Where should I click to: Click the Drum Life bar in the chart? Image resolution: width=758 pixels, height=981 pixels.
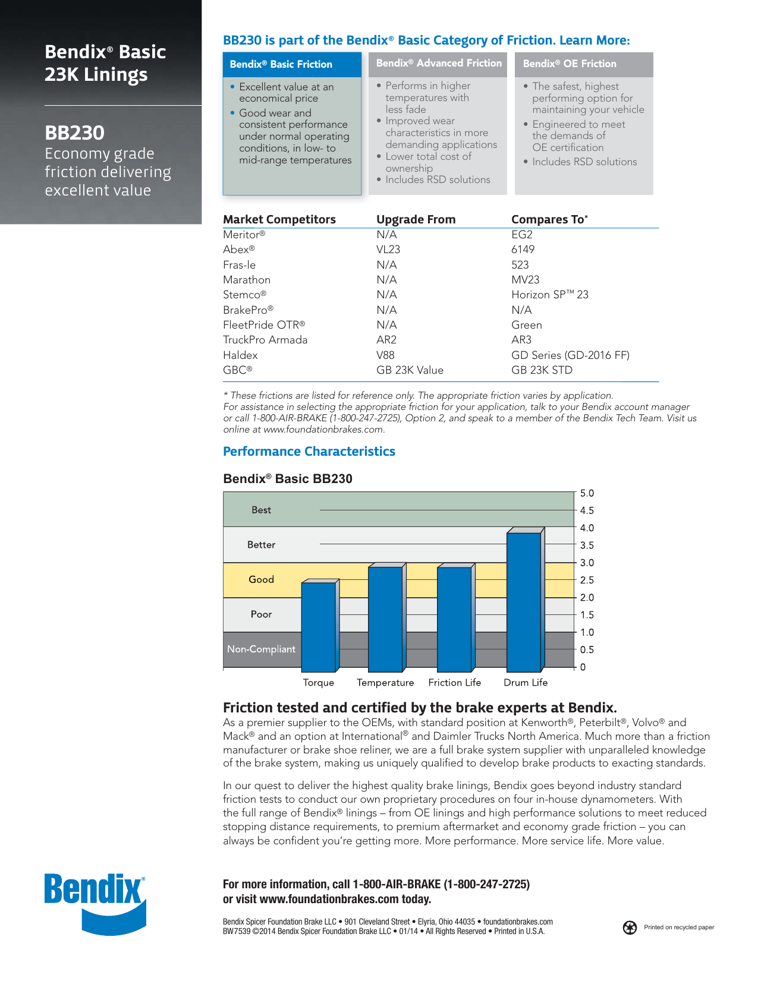[524, 600]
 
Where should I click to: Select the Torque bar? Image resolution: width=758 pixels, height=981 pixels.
[319, 626]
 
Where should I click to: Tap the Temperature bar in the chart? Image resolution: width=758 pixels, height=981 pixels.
[385, 618]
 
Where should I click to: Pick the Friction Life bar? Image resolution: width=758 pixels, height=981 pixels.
[454, 618]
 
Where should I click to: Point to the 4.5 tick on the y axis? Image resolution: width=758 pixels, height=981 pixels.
[587, 510]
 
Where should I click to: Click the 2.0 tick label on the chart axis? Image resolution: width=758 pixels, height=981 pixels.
[587, 598]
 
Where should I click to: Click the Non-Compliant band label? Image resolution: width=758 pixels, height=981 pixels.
[261, 649]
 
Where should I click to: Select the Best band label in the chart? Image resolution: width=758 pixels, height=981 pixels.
[261, 510]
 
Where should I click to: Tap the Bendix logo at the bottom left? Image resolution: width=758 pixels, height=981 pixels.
[95, 903]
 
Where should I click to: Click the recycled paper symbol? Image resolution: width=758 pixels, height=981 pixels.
[630, 928]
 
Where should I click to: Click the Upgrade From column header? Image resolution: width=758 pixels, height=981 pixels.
[416, 219]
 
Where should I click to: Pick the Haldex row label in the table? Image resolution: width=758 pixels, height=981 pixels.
[240, 355]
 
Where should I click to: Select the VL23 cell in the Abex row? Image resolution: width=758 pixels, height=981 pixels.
[388, 250]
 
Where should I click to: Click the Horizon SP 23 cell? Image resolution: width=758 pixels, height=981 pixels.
[550, 295]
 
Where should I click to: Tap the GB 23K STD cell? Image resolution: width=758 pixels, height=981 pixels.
[542, 370]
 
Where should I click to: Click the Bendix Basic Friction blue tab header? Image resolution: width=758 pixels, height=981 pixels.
[292, 64]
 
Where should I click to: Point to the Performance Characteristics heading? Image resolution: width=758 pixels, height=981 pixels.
[309, 452]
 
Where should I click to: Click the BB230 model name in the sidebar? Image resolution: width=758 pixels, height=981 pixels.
[75, 133]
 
